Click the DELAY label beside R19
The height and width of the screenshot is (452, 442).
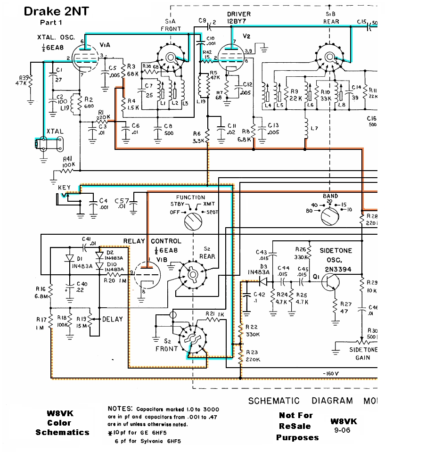[x=112, y=319]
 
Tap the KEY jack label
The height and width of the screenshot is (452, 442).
[x=65, y=188]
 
